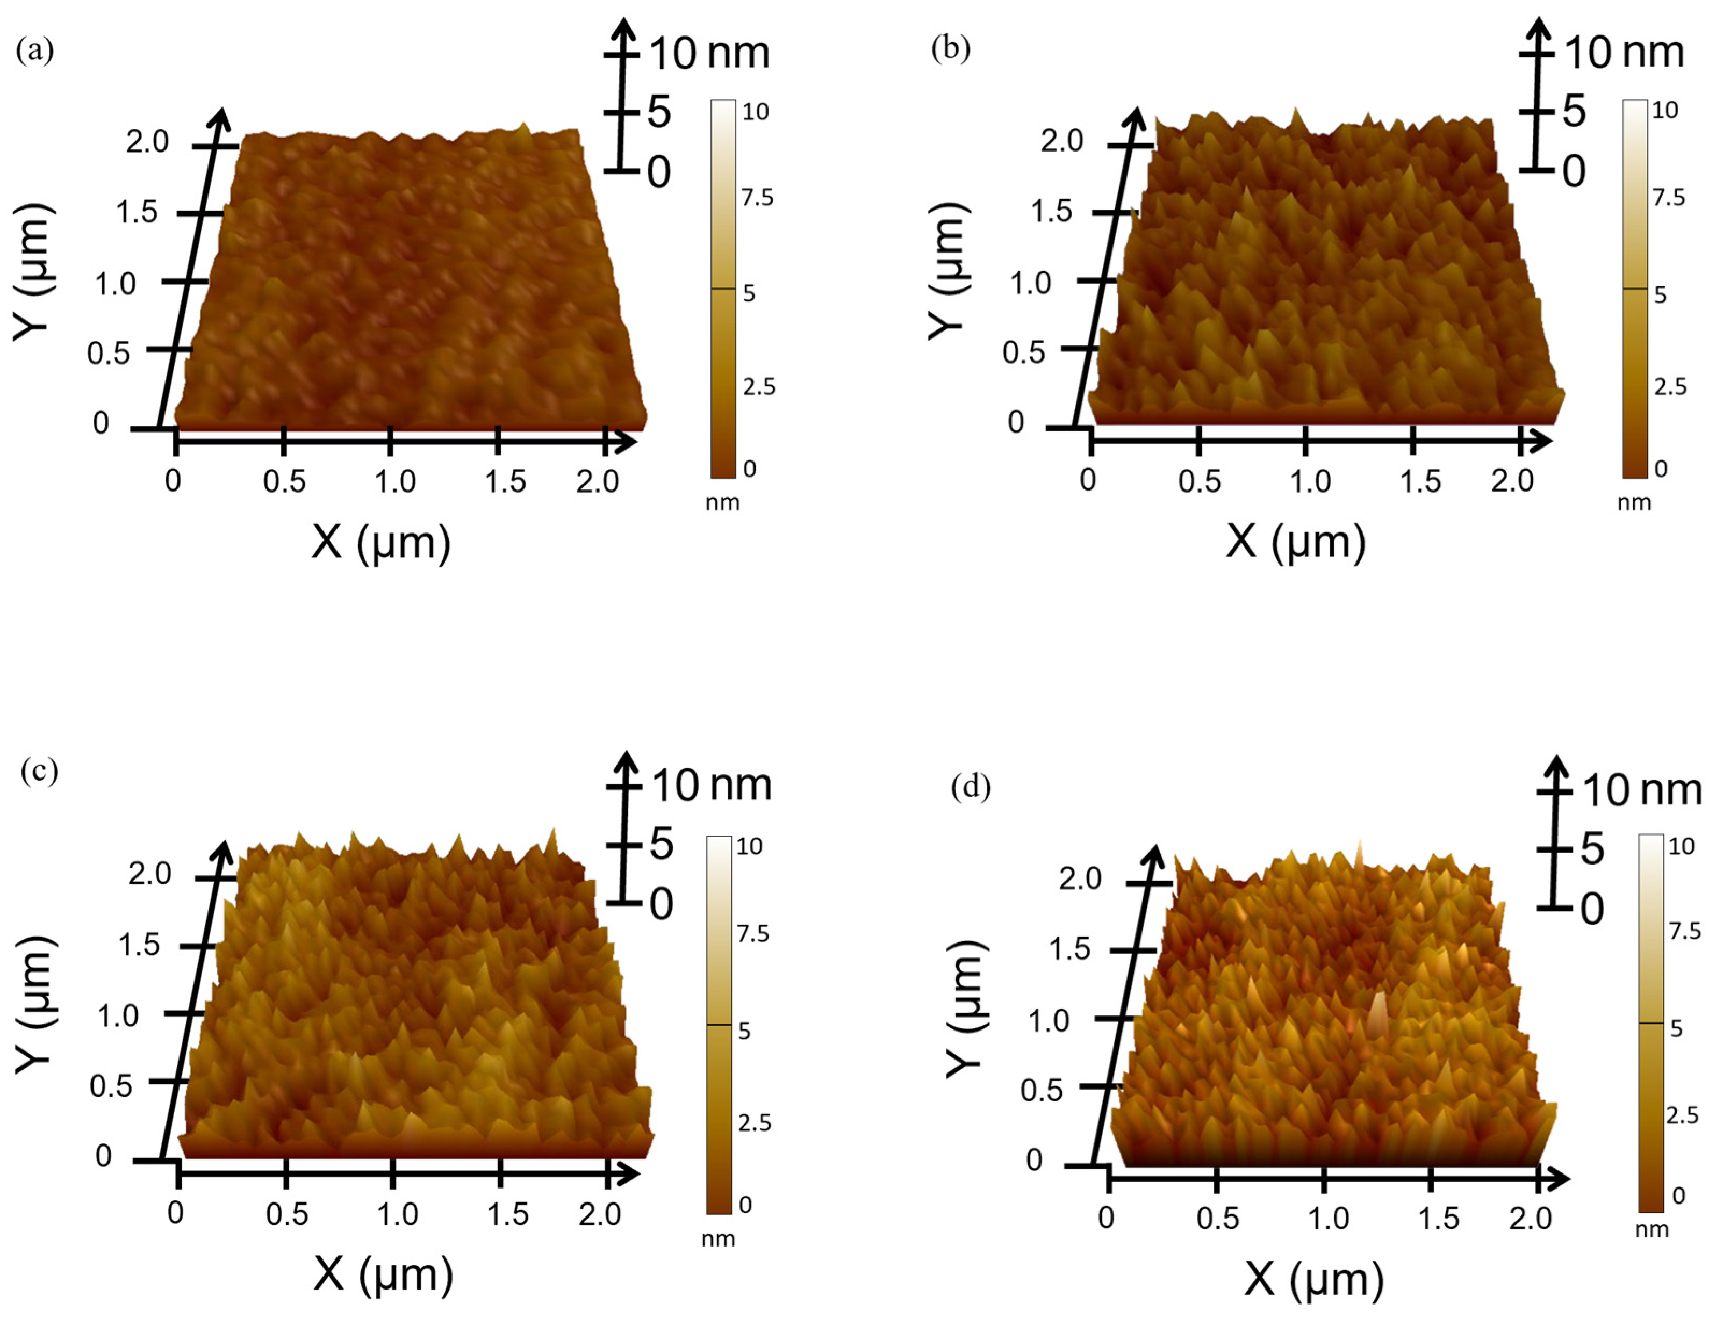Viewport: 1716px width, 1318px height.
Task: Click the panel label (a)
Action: click(34, 51)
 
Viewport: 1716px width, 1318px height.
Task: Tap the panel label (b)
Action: click(950, 49)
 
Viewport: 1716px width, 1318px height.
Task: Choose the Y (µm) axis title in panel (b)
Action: click(948, 271)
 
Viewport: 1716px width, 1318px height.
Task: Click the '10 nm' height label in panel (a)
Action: click(708, 53)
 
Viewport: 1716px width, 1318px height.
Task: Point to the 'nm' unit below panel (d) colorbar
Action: click(1652, 1229)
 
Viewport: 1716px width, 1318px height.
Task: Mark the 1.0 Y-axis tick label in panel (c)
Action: click(118, 1016)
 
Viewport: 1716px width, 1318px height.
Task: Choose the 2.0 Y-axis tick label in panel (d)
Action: click(1080, 878)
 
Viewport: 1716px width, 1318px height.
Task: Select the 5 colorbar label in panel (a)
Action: click(749, 293)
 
